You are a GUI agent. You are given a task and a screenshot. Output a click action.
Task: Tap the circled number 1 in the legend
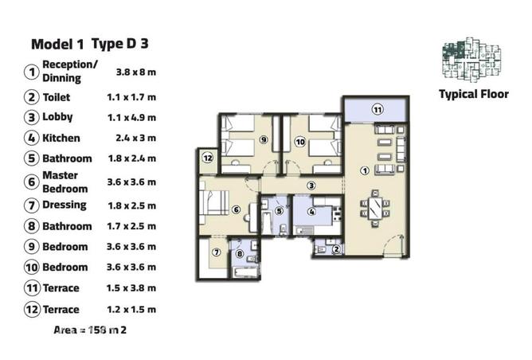tap(32, 72)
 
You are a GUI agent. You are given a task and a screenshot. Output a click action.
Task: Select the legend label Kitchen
tap(61, 138)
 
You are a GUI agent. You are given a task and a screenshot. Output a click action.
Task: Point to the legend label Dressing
tap(65, 205)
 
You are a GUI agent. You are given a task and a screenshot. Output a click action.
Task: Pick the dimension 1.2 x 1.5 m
tap(131, 309)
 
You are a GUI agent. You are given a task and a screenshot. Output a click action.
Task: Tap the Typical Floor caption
tap(473, 93)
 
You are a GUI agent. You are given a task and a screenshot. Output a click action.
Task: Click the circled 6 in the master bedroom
tap(236, 209)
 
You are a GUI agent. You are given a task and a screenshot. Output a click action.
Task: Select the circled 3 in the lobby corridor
tap(312, 185)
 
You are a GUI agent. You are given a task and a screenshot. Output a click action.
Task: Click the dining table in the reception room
tap(374, 208)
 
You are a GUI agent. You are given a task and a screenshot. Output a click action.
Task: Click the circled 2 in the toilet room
tap(336, 249)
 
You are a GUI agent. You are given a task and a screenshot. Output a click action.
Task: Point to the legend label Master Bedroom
tap(65, 182)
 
